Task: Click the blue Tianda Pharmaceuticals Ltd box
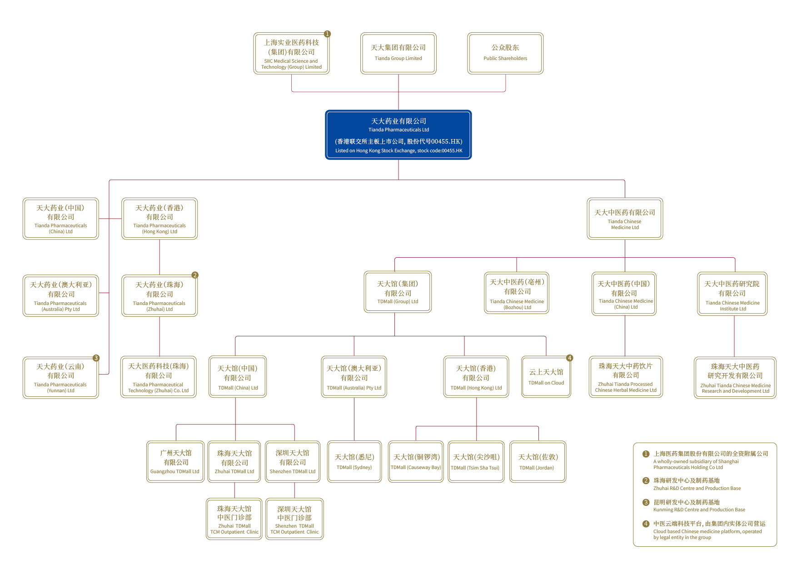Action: pos(398,135)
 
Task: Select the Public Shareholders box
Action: pos(505,53)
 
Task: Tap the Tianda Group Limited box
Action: pos(398,53)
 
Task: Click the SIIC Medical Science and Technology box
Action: pos(291,53)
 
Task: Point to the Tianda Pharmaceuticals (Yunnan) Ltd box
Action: pos(61,378)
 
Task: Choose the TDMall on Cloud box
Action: pos(546,377)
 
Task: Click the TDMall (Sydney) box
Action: pos(354,461)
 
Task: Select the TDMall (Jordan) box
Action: pos(538,461)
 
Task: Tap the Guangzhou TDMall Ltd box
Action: pos(175,461)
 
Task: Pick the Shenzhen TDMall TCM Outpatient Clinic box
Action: pos(294,519)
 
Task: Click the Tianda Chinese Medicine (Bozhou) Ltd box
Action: pos(517,293)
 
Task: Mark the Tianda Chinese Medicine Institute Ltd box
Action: pos(732,294)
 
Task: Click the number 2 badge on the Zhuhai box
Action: pos(195,275)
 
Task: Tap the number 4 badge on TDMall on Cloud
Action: pos(569,358)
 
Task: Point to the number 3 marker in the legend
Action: pos(646,502)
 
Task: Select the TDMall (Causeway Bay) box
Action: pos(416,461)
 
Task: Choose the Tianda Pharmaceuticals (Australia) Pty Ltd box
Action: pos(61,295)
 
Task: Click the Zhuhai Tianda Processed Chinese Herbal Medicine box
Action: pos(626,377)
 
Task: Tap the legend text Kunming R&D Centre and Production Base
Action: pos(699,510)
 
